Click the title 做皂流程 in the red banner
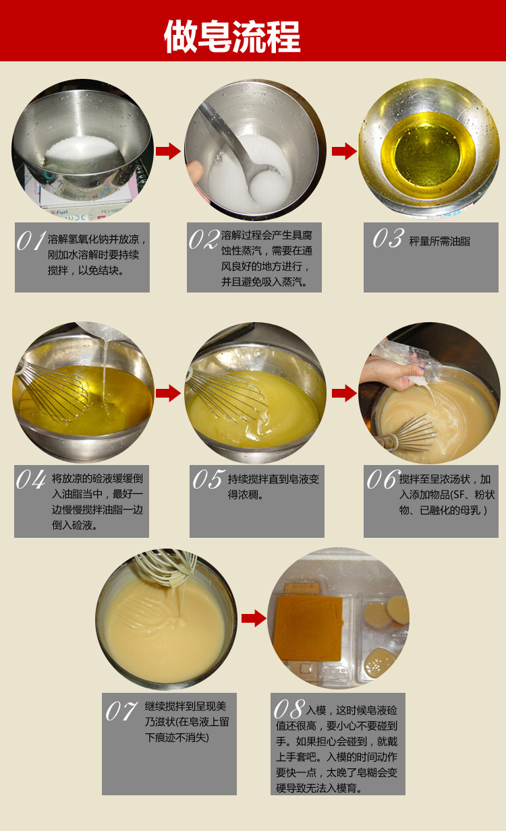pyautogui.click(x=232, y=36)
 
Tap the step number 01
pyautogui.click(x=31, y=241)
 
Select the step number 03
pyautogui.click(x=389, y=238)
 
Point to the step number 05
pyautogui.click(x=209, y=479)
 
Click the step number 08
pyautogui.click(x=289, y=709)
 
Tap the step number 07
pyautogui.click(x=121, y=711)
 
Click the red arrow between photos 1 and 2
pyautogui.click(x=168, y=151)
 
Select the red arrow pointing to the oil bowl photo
pyautogui.click(x=344, y=151)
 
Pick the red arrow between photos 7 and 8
pyautogui.click(x=254, y=619)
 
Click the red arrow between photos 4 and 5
pyautogui.click(x=168, y=393)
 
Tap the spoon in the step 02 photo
pyautogui.click(x=242, y=148)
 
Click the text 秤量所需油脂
pyautogui.click(x=440, y=241)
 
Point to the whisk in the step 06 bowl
pyautogui.click(x=408, y=433)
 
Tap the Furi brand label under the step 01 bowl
pyautogui.click(x=59, y=212)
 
